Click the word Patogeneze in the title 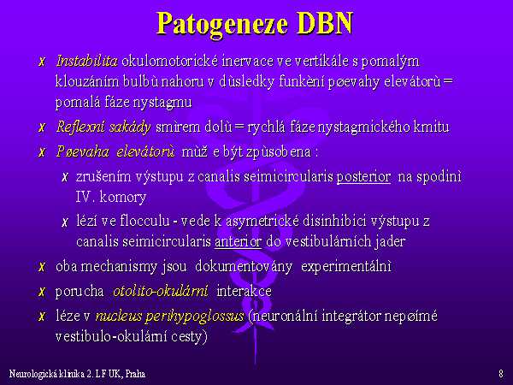pos(222,24)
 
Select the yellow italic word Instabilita pos(86,62)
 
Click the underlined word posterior pos(363,177)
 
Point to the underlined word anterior pos(239,241)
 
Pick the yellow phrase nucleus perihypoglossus pos(170,317)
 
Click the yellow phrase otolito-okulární pos(161,291)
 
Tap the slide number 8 pos(501,374)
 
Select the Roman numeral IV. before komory pos(85,197)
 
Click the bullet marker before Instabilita pos(42,62)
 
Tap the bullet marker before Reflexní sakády pos(42,127)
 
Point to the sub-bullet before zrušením pos(65,177)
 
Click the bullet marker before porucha pos(42,291)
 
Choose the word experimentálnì pos(346,267)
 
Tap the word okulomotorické pos(170,62)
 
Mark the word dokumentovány pos(244,267)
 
